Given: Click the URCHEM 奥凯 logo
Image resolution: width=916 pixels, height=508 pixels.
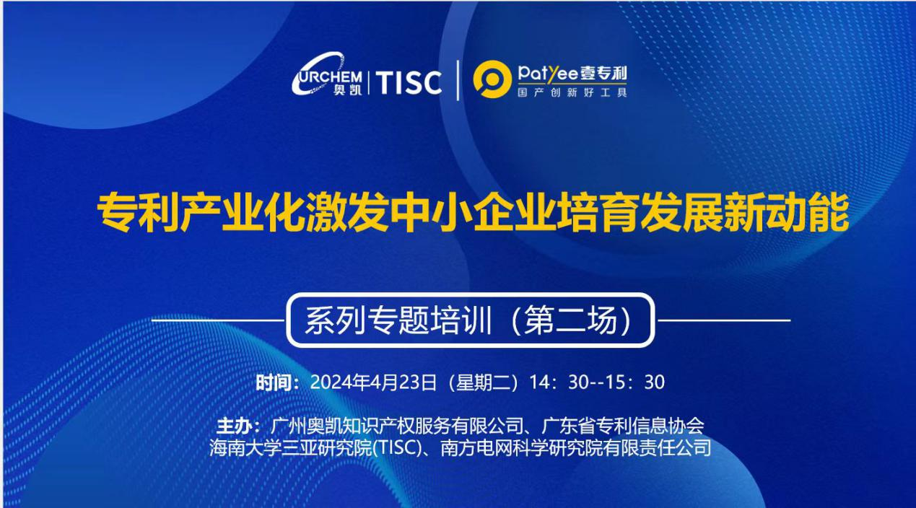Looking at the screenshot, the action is click(327, 74).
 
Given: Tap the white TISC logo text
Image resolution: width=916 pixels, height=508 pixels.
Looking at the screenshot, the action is click(409, 82).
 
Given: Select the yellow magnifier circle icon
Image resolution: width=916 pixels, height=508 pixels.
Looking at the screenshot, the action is click(492, 79).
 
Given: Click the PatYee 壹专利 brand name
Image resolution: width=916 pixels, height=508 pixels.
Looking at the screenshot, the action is click(572, 74).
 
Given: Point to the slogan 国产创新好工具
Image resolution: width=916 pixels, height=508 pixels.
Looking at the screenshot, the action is click(572, 92).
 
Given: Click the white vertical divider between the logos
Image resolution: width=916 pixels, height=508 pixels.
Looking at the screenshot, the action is click(458, 80).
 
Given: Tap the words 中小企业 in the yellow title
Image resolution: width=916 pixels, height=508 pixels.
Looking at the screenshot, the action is click(472, 213).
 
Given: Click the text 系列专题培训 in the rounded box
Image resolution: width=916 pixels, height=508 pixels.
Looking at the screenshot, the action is click(398, 320).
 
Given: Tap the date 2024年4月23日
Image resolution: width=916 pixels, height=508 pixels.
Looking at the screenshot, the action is click(373, 382).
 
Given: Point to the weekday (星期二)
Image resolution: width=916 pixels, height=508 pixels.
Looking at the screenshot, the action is click(483, 382).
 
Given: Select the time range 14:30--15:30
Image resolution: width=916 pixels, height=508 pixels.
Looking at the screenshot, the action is click(597, 382).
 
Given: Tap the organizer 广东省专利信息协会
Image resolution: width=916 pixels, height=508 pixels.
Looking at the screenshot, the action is click(622, 426).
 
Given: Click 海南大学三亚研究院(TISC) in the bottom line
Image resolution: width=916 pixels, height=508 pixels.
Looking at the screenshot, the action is click(318, 448).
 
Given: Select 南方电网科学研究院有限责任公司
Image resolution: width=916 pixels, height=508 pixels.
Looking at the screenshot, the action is click(575, 448).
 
